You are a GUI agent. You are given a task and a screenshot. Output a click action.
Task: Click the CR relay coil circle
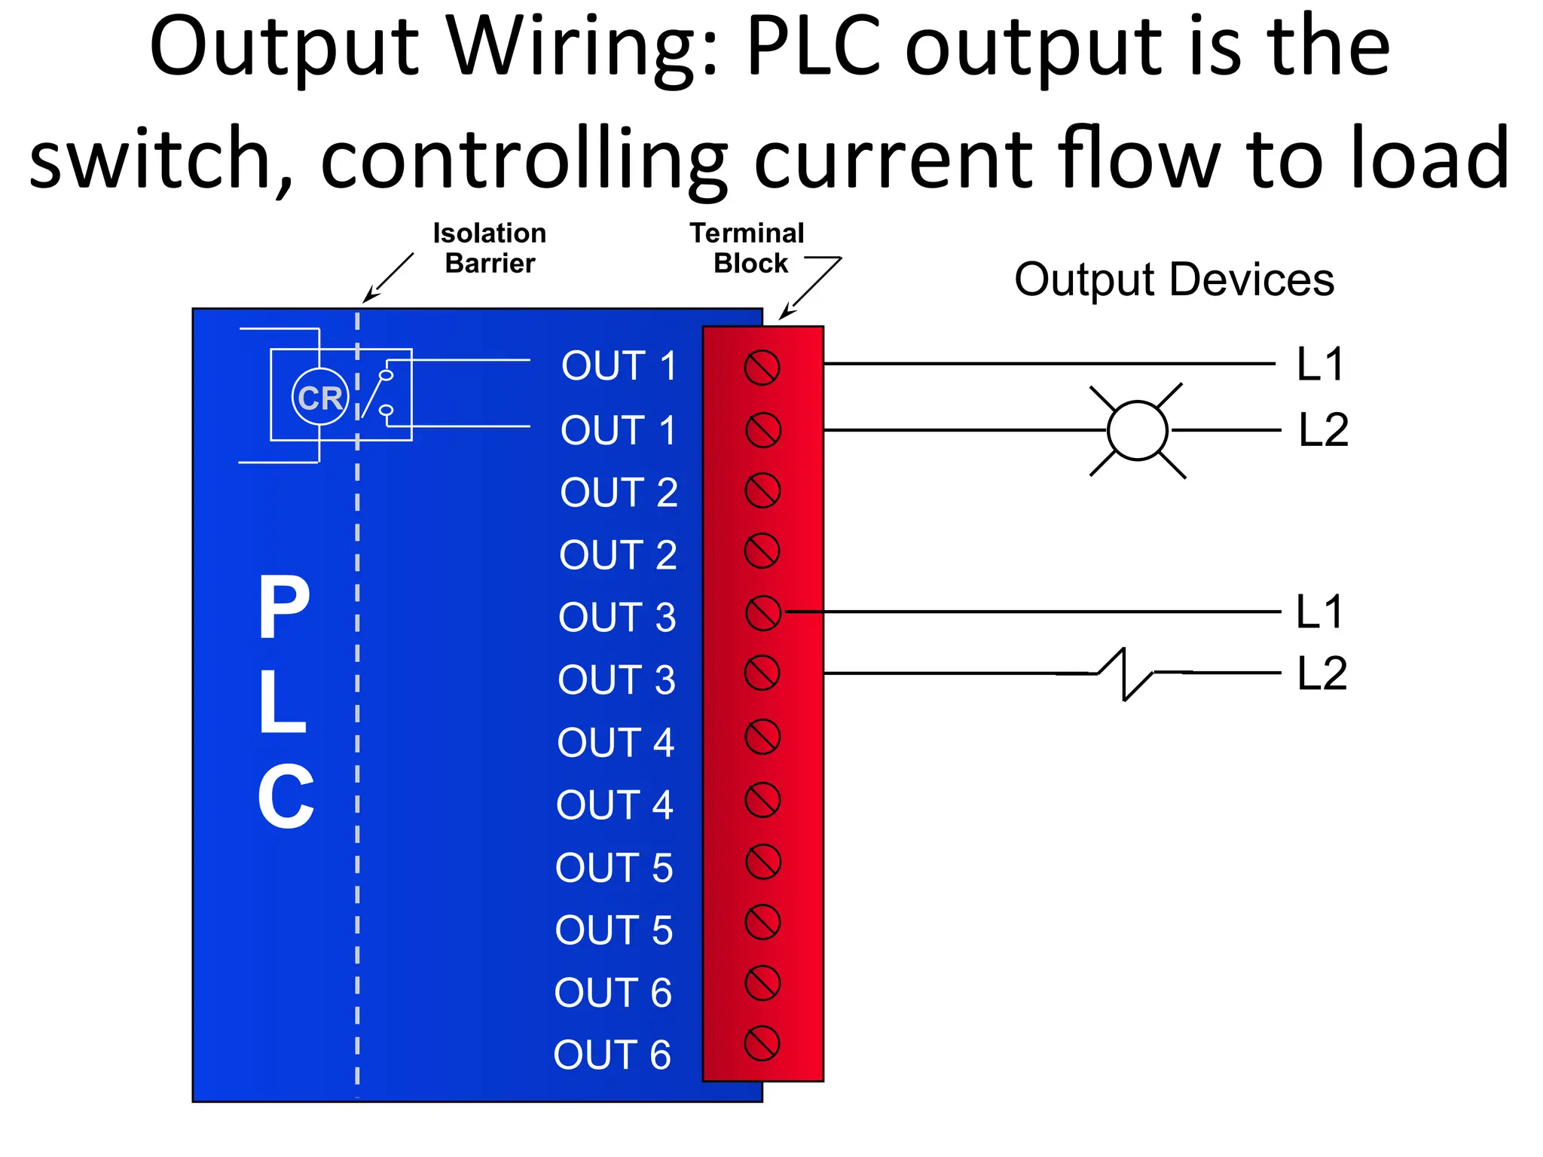coord(320,397)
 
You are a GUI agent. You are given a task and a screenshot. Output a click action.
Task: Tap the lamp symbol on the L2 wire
coord(1137,431)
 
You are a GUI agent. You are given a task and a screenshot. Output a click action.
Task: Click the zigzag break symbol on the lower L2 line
coord(1125,673)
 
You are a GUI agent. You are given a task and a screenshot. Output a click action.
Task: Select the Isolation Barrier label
coord(489,248)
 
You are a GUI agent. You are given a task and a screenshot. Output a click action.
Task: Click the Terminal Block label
coord(747,248)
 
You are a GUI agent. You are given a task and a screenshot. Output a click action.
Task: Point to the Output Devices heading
coord(1174,280)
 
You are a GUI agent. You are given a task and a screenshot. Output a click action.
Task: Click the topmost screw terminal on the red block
coord(762,368)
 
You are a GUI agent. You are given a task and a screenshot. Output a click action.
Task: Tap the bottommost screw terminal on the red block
coord(762,1044)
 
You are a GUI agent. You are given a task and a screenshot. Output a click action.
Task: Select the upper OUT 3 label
coord(617,618)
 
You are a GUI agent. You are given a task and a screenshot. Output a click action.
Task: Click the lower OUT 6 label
coord(612,1055)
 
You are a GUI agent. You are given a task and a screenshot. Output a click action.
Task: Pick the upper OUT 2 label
coord(619,493)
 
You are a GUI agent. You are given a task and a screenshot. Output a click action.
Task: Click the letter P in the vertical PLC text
coord(284,607)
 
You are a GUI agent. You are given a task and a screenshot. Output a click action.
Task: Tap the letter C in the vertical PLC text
coord(286,797)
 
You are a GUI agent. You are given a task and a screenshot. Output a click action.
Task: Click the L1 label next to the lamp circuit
coord(1320,365)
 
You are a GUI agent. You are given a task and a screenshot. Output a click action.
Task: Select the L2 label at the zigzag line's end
coord(1322,673)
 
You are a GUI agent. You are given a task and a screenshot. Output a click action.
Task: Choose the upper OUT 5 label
coord(614,868)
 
